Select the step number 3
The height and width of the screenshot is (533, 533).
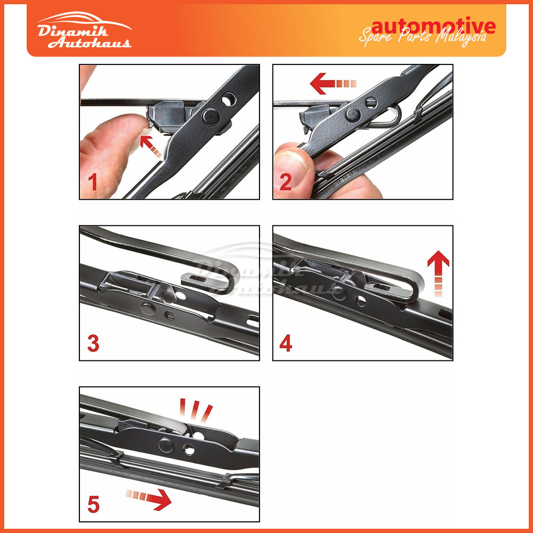(x=93, y=343)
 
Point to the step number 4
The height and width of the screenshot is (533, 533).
(x=286, y=343)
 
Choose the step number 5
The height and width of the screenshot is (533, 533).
(x=93, y=504)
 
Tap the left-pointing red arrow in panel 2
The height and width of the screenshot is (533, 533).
(x=333, y=84)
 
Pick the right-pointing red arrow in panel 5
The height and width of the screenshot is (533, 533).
(x=149, y=499)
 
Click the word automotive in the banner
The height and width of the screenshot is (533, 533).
(x=433, y=26)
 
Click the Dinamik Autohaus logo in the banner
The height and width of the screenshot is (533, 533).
(x=84, y=33)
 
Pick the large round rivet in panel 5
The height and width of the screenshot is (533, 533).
(x=168, y=443)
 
